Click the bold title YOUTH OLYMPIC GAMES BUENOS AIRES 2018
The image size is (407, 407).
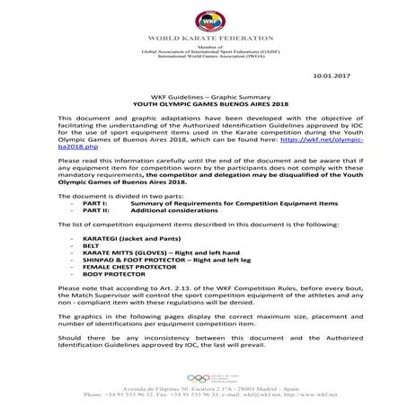pos(203,104)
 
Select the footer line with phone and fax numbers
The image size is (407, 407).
pos(203,394)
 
